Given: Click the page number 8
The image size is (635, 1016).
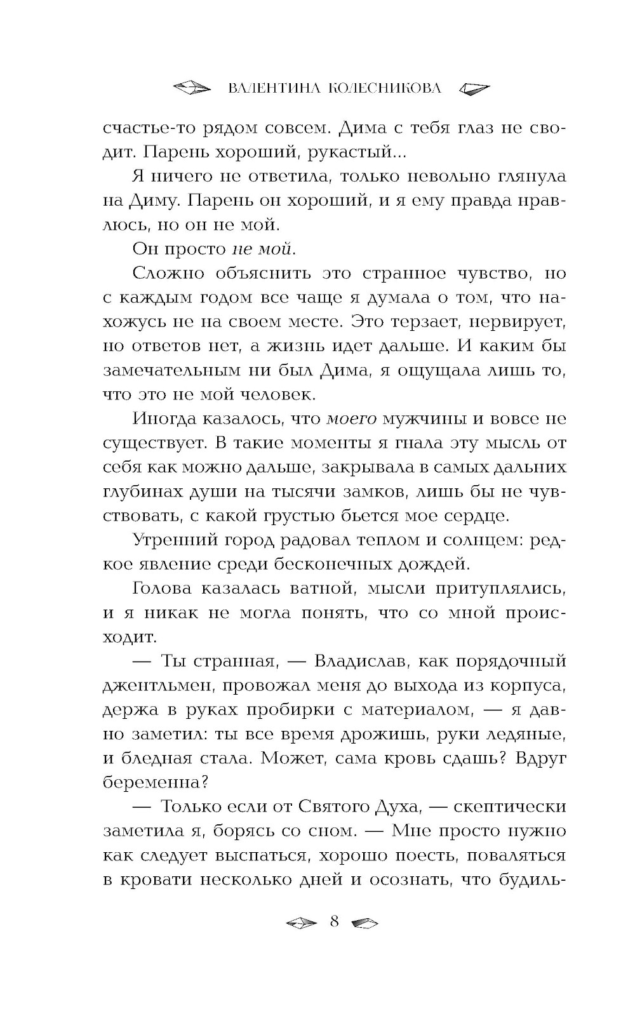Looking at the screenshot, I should pyautogui.click(x=335, y=921).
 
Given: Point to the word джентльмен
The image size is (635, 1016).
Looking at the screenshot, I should pyautogui.click(x=149, y=686).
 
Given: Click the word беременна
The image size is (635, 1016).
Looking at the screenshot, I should pyautogui.click(x=152, y=782).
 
